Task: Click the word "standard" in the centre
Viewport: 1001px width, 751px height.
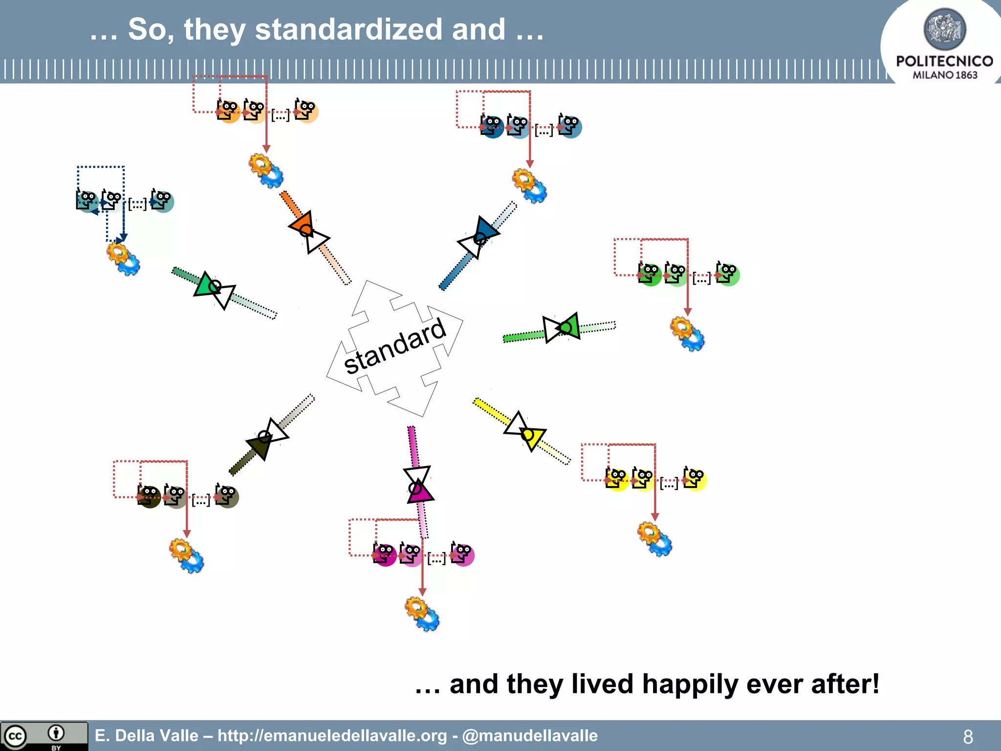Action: tap(395, 346)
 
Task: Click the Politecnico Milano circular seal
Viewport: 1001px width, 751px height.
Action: tap(944, 29)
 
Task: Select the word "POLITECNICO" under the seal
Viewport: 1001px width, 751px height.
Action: tap(944, 61)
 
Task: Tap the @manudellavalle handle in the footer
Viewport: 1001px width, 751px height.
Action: tap(530, 736)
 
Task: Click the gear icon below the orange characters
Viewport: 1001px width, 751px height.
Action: tap(266, 171)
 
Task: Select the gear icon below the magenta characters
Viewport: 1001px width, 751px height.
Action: tap(422, 614)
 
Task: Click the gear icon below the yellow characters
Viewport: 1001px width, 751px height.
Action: tap(655, 539)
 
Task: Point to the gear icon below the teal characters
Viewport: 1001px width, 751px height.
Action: tap(123, 259)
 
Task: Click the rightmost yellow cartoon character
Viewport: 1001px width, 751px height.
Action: tap(695, 479)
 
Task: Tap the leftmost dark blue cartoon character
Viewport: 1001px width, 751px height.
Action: tap(491, 127)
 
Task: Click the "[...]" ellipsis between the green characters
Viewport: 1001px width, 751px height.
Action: tap(701, 278)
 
